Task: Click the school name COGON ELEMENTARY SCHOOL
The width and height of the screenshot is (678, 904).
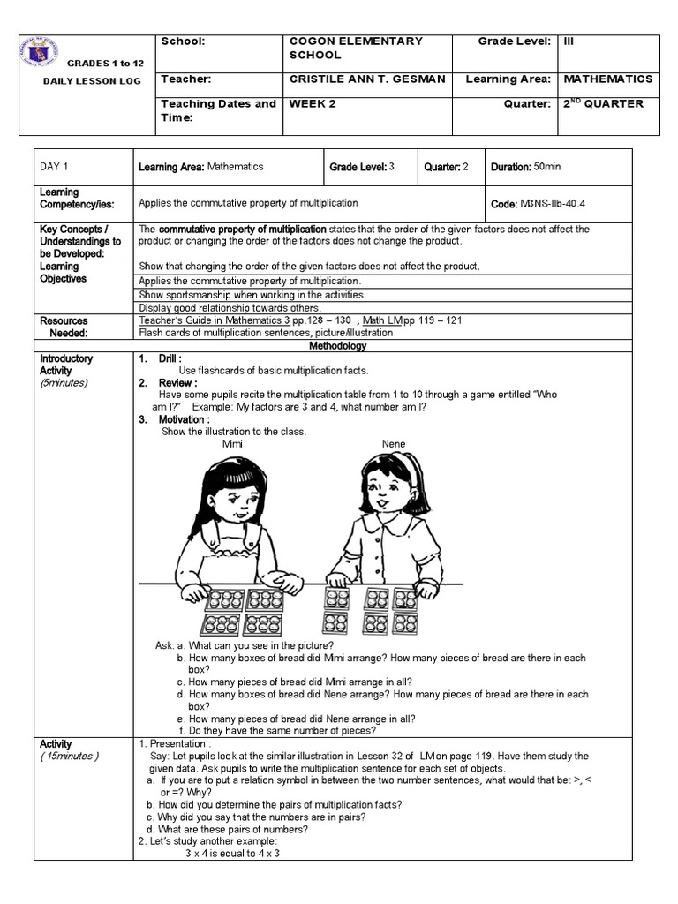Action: click(x=356, y=48)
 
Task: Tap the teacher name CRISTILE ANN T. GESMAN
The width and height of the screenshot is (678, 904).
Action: click(x=367, y=79)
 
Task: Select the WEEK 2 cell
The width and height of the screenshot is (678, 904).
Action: click(x=313, y=104)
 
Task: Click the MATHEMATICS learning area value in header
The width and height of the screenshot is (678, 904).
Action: click(x=608, y=79)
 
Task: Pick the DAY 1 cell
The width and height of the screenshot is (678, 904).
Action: click(x=55, y=167)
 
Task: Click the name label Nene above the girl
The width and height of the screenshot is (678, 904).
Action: click(x=394, y=443)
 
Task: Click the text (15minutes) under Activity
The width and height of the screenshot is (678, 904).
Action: click(x=70, y=757)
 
